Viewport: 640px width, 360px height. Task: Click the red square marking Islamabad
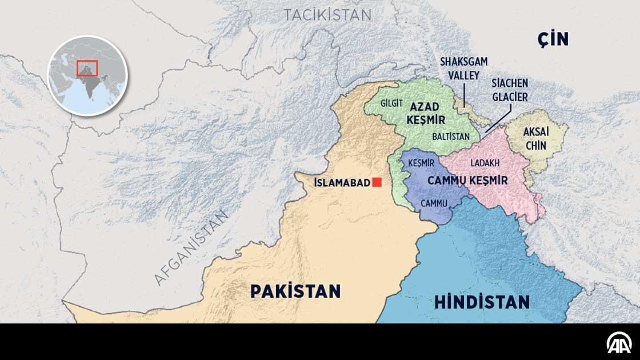click(377, 183)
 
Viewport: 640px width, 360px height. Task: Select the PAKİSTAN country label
click(295, 291)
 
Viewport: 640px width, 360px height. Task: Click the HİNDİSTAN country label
click(482, 302)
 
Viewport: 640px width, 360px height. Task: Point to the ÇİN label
click(553, 39)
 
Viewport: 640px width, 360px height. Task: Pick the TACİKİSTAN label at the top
click(327, 15)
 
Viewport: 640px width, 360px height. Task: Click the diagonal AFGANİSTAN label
click(191, 247)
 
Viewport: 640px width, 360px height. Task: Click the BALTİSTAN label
click(451, 137)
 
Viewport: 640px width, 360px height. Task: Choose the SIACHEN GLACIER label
click(509, 90)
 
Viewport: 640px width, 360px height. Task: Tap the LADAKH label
click(485, 163)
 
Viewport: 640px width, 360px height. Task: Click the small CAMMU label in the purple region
click(434, 203)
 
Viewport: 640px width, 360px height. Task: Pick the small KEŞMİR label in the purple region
click(422, 163)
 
